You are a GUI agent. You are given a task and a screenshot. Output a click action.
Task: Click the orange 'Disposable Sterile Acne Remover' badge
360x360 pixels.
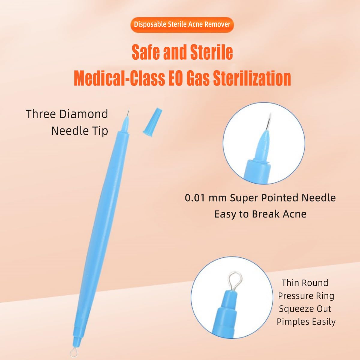point(182,25)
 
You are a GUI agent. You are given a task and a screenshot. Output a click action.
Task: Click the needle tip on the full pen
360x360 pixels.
point(128,113)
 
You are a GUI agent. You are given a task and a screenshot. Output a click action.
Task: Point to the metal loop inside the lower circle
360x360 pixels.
point(233,281)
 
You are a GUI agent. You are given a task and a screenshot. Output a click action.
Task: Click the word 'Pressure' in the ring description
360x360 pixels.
point(306,296)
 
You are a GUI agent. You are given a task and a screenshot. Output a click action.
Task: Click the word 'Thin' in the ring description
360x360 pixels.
point(290,283)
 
